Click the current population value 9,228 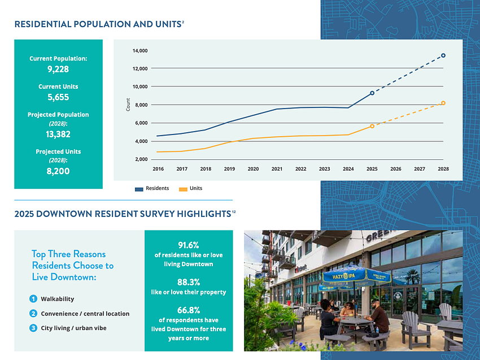(58, 70)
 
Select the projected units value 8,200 (58, 171)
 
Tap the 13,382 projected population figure (58, 135)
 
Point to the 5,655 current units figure (58, 97)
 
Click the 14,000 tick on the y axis (139, 51)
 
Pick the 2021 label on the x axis (277, 169)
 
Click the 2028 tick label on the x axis (443, 169)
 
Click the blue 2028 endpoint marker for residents (443, 55)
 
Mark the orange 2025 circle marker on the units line (372, 126)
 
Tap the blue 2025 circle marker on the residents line (372, 93)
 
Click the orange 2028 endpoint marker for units (443, 103)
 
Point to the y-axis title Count (128, 105)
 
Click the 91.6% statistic (189, 245)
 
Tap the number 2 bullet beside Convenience (33, 314)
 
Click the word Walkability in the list (57, 299)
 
